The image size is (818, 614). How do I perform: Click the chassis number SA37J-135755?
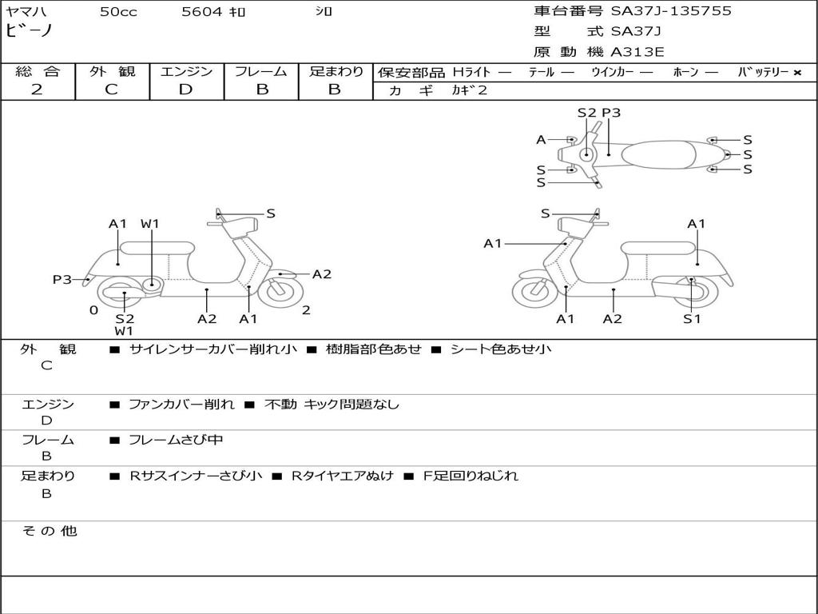pyautogui.click(x=671, y=11)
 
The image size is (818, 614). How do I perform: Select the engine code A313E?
pyautogui.click(x=637, y=52)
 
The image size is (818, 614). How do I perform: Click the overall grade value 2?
pyautogui.click(x=37, y=89)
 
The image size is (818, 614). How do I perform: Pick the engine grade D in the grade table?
pyautogui.click(x=185, y=89)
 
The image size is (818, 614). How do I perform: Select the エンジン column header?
pyautogui.click(x=186, y=71)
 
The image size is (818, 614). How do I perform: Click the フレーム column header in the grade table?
pyautogui.click(x=261, y=71)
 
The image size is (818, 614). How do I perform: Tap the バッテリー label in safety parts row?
pyautogui.click(x=764, y=72)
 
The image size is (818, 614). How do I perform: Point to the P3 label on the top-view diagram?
pyautogui.click(x=611, y=113)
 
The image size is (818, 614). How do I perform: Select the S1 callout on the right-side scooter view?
pyautogui.click(x=692, y=319)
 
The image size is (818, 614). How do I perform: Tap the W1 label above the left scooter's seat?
pyautogui.click(x=150, y=224)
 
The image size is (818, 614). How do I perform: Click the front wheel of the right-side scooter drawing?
pyautogui.click(x=534, y=292)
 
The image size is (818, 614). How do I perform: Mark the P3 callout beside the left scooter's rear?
pyautogui.click(x=62, y=280)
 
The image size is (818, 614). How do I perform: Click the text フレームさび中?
pyautogui.click(x=176, y=440)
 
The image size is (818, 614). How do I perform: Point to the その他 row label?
pyautogui.click(x=49, y=531)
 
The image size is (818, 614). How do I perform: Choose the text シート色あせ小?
pyautogui.click(x=501, y=349)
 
